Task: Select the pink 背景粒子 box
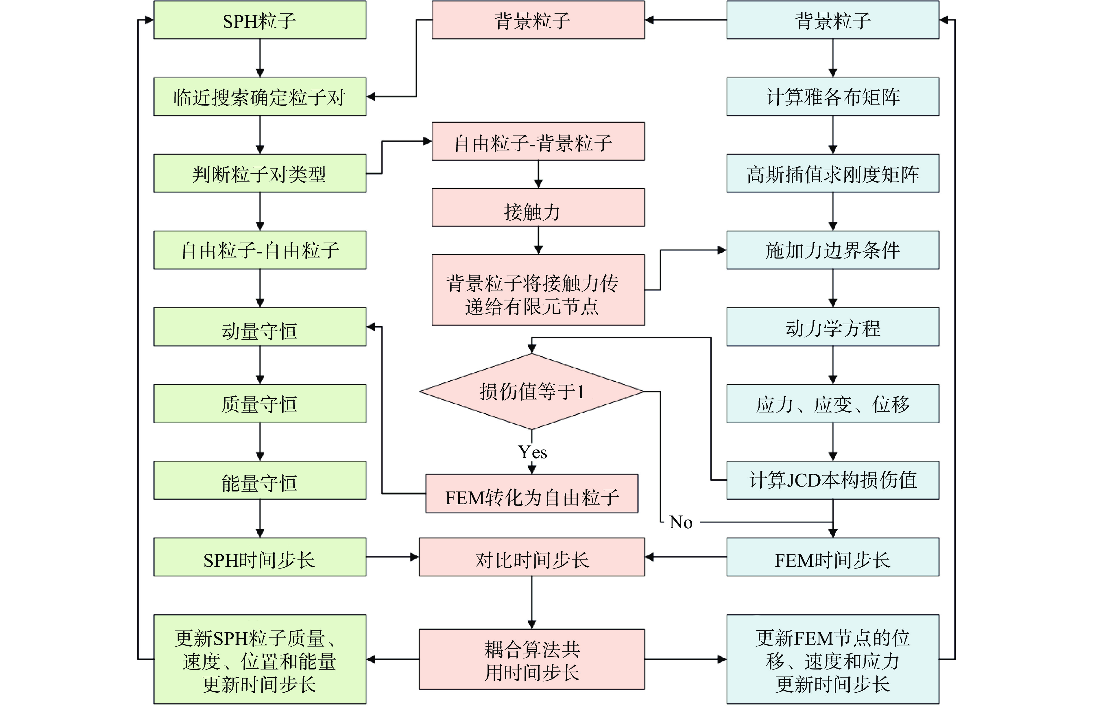tap(538, 20)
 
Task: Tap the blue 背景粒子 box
tap(832, 20)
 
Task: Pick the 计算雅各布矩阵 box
tap(832, 97)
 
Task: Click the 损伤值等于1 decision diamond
tap(531, 392)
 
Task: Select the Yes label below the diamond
tap(532, 452)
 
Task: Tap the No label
tap(681, 522)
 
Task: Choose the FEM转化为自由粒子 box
tap(531, 494)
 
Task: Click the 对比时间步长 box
tap(531, 557)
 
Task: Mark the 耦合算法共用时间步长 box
tap(531, 660)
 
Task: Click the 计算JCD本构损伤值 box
tap(832, 480)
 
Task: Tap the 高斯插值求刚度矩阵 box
tap(832, 173)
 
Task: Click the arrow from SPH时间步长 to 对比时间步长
tap(393, 557)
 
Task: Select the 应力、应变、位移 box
tap(832, 404)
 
